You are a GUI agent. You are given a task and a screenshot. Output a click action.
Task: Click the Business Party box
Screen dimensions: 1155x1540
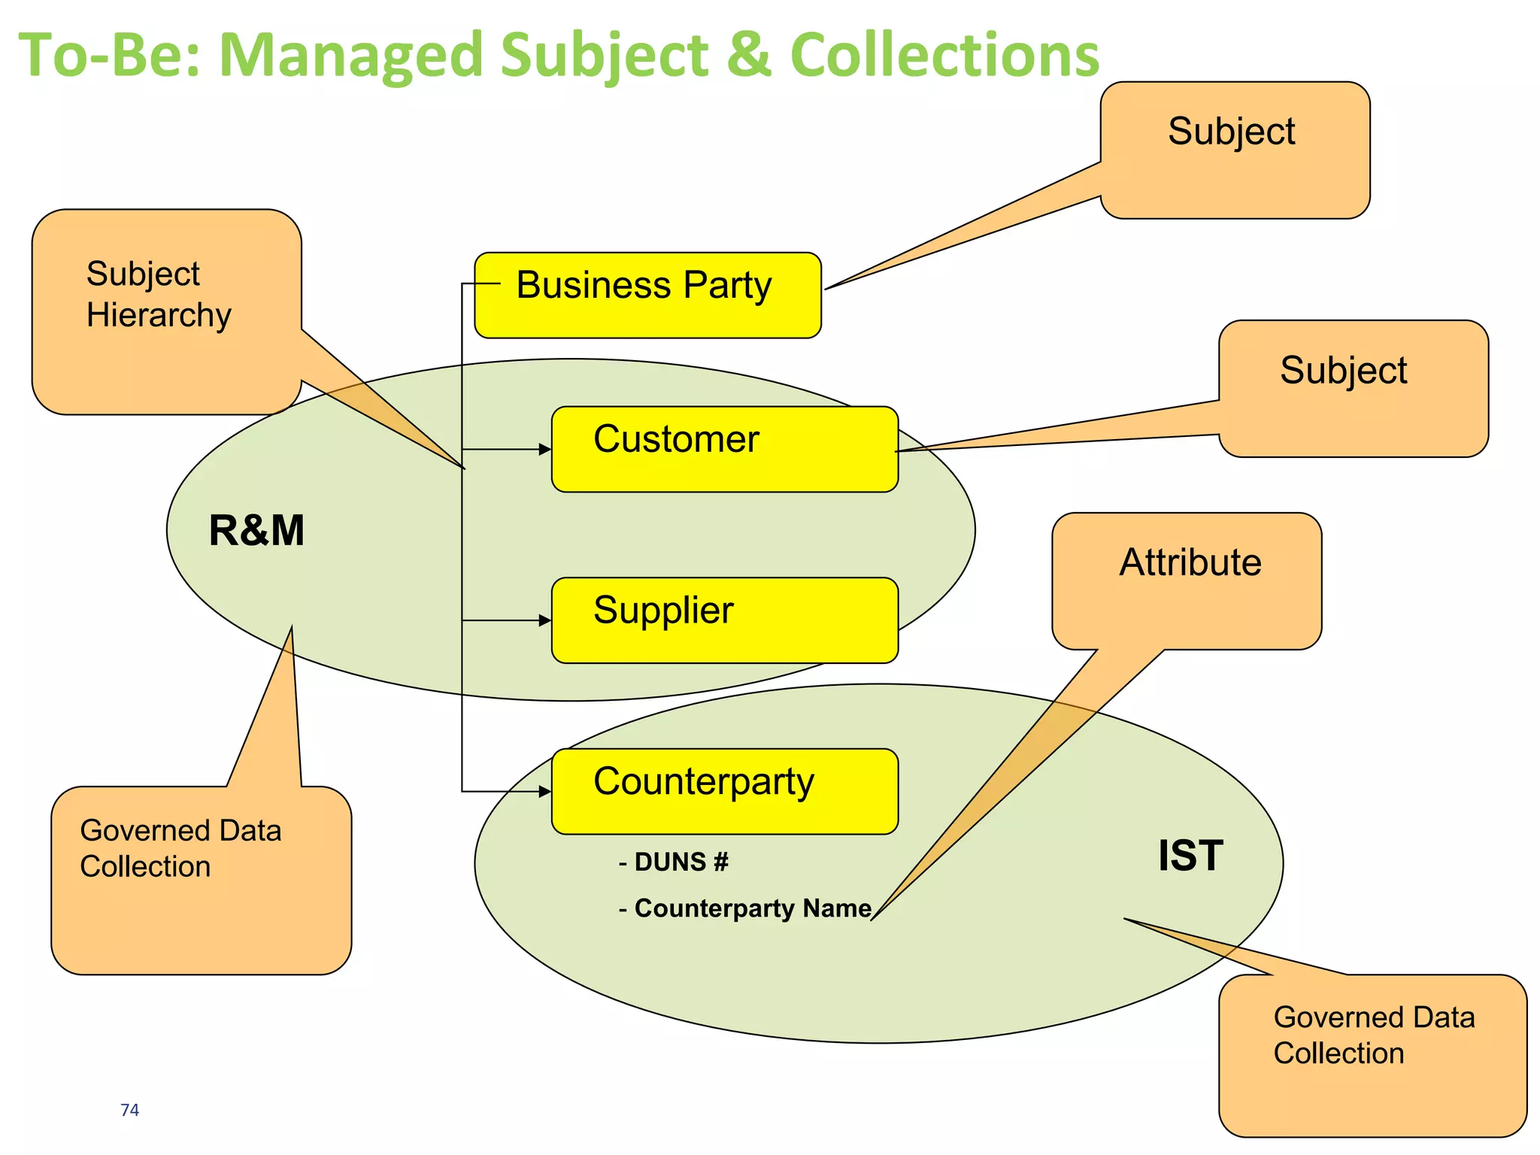click(647, 295)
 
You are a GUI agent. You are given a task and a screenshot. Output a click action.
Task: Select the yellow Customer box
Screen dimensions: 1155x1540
click(724, 449)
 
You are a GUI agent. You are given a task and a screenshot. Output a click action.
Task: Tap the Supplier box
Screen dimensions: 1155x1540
click(724, 620)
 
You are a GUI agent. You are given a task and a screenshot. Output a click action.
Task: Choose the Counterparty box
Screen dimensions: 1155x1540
click(724, 790)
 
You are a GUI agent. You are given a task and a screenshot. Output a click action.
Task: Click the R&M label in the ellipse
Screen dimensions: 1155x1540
click(256, 530)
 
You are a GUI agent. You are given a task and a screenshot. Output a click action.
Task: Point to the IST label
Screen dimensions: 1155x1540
click(1190, 855)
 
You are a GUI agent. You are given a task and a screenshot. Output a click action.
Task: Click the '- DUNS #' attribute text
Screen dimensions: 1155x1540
click(674, 862)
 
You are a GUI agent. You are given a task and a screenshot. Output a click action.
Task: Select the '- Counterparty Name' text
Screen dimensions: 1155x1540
click(745, 908)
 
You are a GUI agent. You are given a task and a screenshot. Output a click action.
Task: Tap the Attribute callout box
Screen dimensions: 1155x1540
click(1187, 581)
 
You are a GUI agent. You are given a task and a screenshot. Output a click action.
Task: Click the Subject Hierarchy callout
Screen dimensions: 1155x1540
click(166, 311)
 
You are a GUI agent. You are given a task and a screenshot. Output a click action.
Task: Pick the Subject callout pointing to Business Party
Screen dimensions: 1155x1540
click(1234, 150)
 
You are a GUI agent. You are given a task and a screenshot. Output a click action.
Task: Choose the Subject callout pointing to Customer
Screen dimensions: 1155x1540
click(1353, 388)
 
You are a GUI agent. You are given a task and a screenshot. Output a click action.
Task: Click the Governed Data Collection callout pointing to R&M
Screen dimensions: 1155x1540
click(201, 880)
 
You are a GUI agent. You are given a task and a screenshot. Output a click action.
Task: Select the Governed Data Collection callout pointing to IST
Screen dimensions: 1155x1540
click(1372, 1054)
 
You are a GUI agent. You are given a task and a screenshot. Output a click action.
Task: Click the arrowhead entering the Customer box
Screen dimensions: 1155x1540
click(546, 449)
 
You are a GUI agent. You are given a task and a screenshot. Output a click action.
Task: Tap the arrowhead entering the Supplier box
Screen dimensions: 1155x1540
click(546, 620)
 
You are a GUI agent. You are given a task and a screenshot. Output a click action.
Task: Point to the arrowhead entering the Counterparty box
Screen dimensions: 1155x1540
click(546, 790)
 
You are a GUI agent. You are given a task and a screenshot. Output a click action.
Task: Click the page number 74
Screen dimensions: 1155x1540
click(129, 1109)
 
